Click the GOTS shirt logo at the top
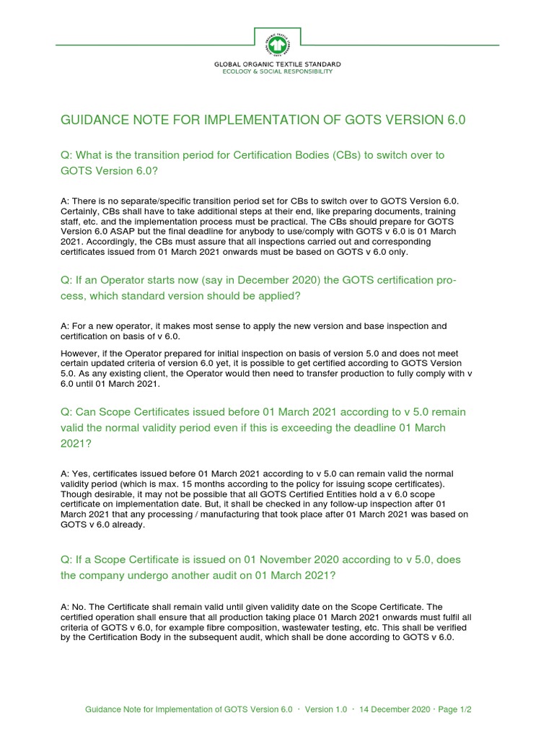(x=277, y=44)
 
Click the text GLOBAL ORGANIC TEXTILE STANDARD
(x=277, y=65)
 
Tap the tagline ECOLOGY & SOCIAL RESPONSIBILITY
(x=277, y=72)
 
